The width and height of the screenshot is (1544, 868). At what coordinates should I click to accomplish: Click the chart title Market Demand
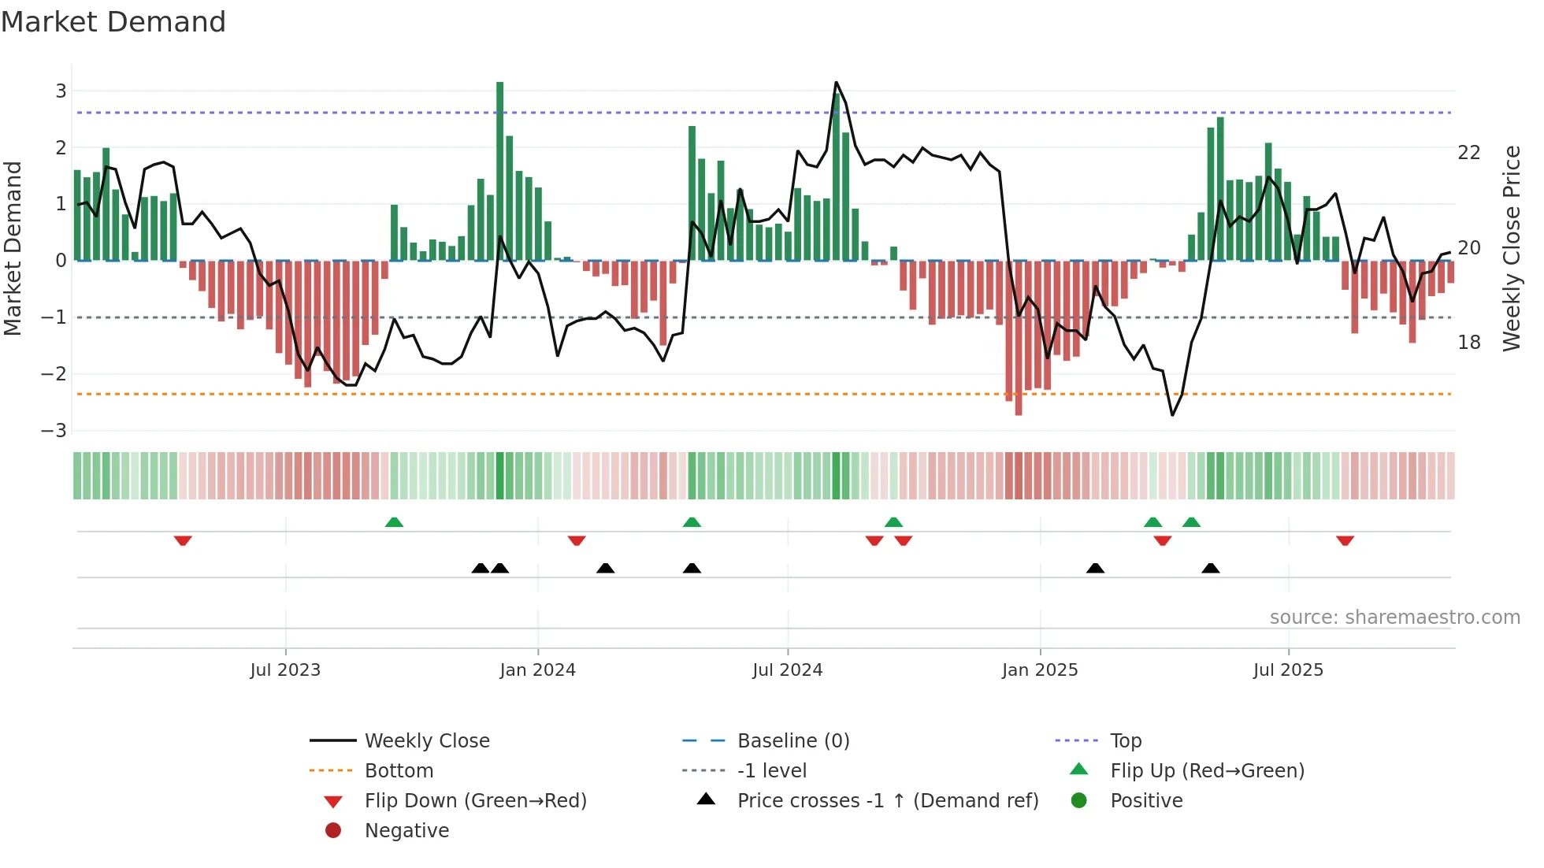113,22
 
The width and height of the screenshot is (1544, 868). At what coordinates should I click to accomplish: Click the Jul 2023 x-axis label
285,670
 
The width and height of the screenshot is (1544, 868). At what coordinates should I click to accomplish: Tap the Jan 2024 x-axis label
537,670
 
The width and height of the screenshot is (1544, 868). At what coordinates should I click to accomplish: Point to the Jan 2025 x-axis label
1039,670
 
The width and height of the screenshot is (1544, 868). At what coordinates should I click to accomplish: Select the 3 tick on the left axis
61,91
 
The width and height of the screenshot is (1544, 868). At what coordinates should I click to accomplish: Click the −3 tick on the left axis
54,431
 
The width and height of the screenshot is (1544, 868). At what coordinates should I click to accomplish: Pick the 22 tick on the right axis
1468,153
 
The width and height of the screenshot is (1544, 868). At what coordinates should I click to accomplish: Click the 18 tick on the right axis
1468,343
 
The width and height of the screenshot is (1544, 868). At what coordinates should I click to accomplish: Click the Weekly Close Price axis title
1511,248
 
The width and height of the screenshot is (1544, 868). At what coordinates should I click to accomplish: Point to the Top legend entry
1125,741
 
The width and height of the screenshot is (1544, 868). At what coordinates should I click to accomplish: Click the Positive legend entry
1145,801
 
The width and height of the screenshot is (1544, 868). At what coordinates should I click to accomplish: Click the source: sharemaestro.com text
1394,618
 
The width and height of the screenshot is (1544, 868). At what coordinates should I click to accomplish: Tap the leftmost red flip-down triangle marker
183,540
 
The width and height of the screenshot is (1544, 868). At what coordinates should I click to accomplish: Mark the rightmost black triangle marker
1211,568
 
